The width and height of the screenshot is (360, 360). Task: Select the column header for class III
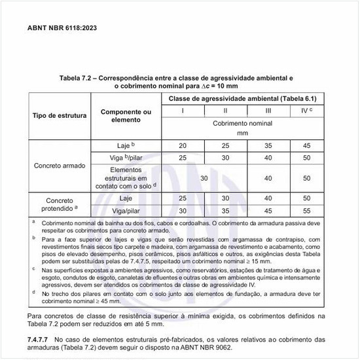click(268, 110)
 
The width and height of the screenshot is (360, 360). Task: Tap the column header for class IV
click(304, 110)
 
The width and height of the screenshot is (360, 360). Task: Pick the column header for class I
click(183, 110)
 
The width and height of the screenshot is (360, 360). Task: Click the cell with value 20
click(183, 145)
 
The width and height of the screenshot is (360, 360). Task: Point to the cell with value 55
click(304, 210)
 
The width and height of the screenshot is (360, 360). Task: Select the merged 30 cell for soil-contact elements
click(204, 177)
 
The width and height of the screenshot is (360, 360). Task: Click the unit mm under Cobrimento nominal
click(243, 132)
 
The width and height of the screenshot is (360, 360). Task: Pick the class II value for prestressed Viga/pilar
click(225, 210)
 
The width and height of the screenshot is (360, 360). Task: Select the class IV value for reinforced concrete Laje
click(304, 145)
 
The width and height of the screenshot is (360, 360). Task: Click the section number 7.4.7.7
click(39, 339)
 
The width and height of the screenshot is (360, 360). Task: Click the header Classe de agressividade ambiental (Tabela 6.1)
click(243, 98)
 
